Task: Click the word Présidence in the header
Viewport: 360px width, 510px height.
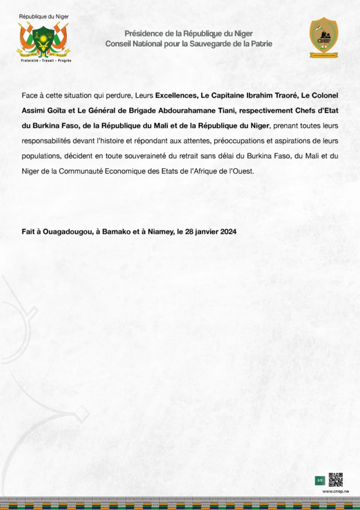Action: point(144,34)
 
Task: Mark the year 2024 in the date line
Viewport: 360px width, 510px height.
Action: point(225,232)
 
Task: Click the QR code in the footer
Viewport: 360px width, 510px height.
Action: point(335,480)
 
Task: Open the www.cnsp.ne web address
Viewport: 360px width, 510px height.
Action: point(336,491)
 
